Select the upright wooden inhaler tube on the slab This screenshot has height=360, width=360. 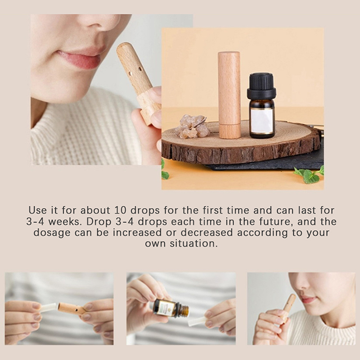click(x=229, y=95)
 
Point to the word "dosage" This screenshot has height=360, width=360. click(x=52, y=233)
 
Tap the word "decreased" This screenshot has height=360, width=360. click(x=207, y=232)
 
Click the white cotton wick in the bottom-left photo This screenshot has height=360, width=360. click(x=49, y=308)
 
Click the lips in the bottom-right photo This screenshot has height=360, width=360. click(x=308, y=300)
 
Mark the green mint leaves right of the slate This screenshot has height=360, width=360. click(x=309, y=175)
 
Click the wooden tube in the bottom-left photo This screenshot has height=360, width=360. click(x=72, y=309)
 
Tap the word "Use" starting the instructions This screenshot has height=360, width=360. click(x=37, y=210)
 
